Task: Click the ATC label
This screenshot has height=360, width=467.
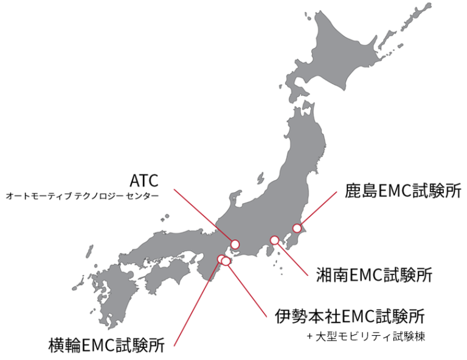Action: pyautogui.click(x=144, y=180)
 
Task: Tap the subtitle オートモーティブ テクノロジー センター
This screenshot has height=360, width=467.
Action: pyautogui.click(x=82, y=196)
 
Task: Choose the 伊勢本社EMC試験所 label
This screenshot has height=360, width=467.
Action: pyautogui.click(x=350, y=316)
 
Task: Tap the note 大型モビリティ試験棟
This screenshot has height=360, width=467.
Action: pyautogui.click(x=368, y=336)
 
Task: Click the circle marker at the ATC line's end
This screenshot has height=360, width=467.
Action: pyautogui.click(x=235, y=244)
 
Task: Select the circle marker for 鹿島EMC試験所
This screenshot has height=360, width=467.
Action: pyautogui.click(x=297, y=229)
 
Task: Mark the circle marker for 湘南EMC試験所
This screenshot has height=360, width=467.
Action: pyautogui.click(x=275, y=240)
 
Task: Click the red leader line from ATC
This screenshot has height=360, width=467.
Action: pyautogui.click(x=204, y=216)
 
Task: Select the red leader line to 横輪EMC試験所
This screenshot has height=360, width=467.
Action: pyautogui.click(x=198, y=301)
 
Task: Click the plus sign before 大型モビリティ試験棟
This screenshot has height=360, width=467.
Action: pyautogui.click(x=310, y=336)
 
